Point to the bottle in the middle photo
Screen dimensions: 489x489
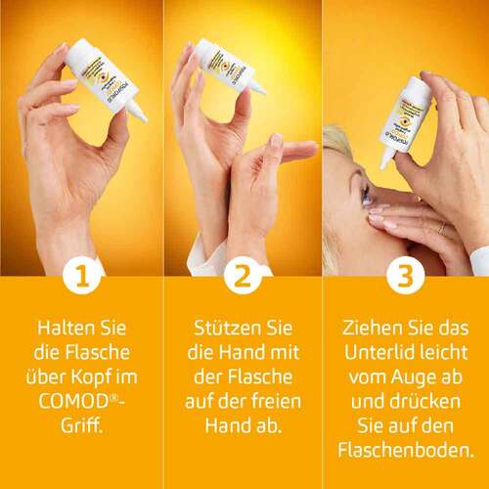click(x=229, y=67)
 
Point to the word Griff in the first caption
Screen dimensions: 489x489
click(x=82, y=424)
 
